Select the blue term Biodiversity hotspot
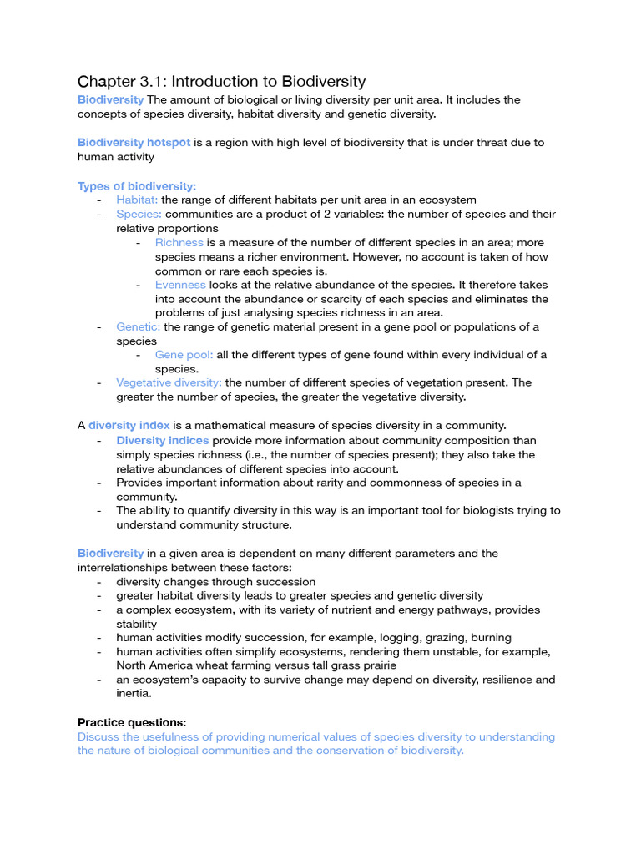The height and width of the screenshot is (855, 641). (x=134, y=143)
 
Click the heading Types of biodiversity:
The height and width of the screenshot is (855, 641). (x=137, y=186)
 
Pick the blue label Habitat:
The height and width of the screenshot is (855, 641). (x=137, y=200)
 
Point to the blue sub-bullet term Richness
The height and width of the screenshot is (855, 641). (x=179, y=243)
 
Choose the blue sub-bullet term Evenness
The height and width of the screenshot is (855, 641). (x=180, y=285)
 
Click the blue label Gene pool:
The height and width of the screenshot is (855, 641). (x=184, y=355)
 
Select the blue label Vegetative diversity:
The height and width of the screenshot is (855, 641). (x=169, y=383)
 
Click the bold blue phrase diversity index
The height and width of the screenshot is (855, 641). (x=129, y=426)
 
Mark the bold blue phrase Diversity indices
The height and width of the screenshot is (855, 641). (x=162, y=440)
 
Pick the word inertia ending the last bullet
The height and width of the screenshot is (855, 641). (x=135, y=695)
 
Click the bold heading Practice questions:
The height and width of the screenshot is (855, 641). (x=132, y=722)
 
